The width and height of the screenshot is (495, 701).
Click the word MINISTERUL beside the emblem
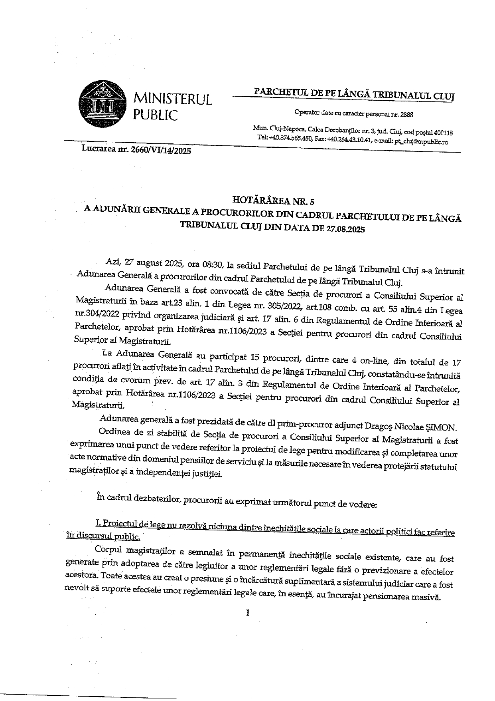(x=172, y=99)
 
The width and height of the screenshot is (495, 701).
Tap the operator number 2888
(x=406, y=114)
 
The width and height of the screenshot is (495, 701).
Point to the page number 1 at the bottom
(x=248, y=612)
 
